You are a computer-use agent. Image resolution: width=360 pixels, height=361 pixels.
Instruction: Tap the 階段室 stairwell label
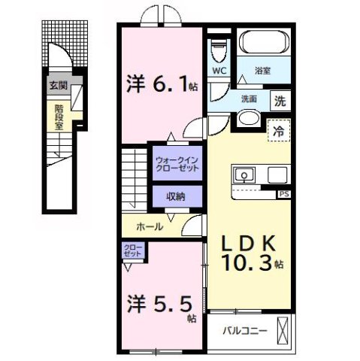(58, 116)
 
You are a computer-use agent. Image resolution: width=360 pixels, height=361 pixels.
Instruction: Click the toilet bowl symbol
(219, 51)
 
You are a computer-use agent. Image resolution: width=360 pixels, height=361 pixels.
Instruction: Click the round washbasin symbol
(248, 120)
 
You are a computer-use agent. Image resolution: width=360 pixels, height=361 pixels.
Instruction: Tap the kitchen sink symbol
(244, 175)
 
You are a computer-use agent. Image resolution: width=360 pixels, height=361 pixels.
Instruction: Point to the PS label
(283, 194)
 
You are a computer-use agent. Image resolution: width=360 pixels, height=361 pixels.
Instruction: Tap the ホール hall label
(150, 226)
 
